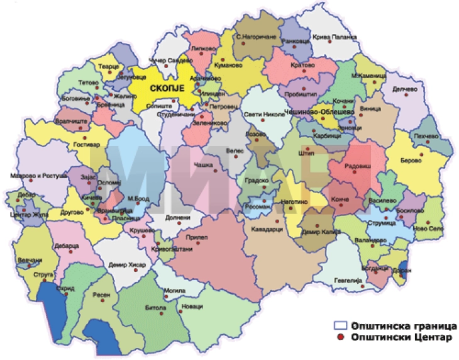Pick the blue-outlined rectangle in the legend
coord(341,326)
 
